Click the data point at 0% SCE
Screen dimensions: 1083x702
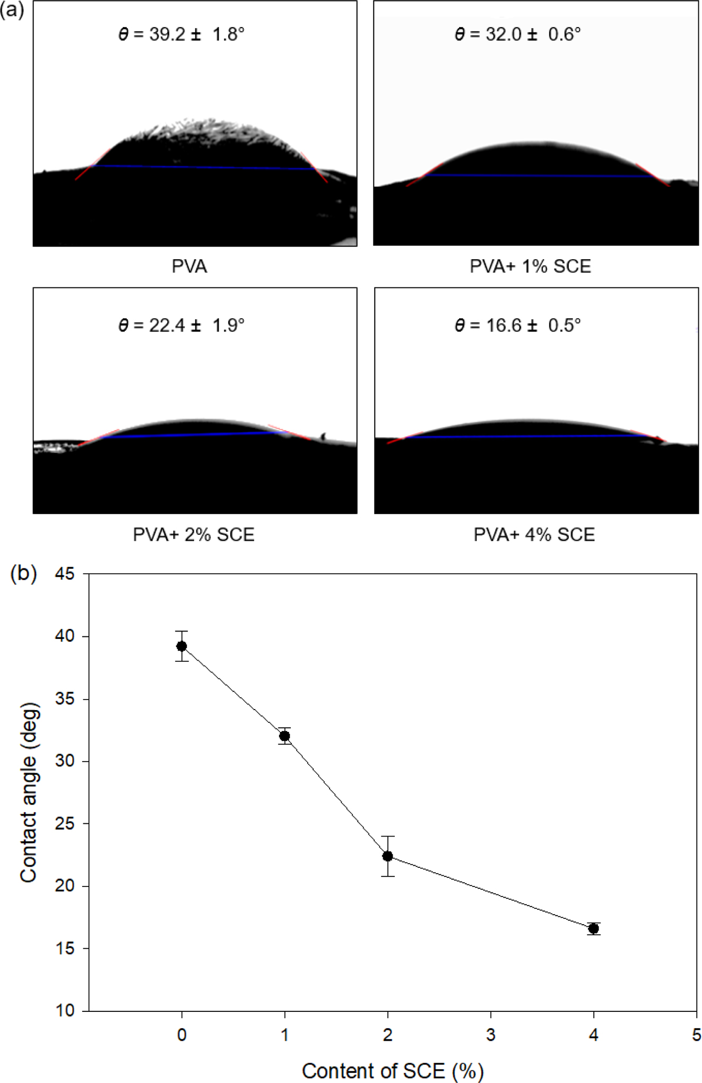(x=182, y=646)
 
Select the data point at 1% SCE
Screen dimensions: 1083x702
(x=285, y=736)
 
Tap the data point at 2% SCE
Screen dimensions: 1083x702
(x=388, y=856)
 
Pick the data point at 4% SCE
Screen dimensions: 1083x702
(x=594, y=928)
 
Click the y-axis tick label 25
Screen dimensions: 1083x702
(x=64, y=824)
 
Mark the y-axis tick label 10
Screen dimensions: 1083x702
(x=64, y=1010)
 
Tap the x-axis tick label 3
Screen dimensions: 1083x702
(x=491, y=1035)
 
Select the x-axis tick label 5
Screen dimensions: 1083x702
(x=696, y=1035)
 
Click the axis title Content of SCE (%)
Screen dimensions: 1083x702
(x=393, y=1071)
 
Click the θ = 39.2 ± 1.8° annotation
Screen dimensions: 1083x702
(x=181, y=35)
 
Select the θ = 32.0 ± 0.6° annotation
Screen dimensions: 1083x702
(x=517, y=35)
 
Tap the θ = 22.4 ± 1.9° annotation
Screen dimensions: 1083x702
(x=181, y=325)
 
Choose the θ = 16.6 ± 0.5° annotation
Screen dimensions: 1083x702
(x=517, y=325)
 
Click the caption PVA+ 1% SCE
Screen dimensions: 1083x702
(x=530, y=266)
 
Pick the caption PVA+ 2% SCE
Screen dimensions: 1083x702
(x=194, y=534)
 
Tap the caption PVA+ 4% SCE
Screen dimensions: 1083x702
(x=534, y=534)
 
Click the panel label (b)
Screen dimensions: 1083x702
(x=24, y=574)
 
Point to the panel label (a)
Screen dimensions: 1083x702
(x=12, y=10)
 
